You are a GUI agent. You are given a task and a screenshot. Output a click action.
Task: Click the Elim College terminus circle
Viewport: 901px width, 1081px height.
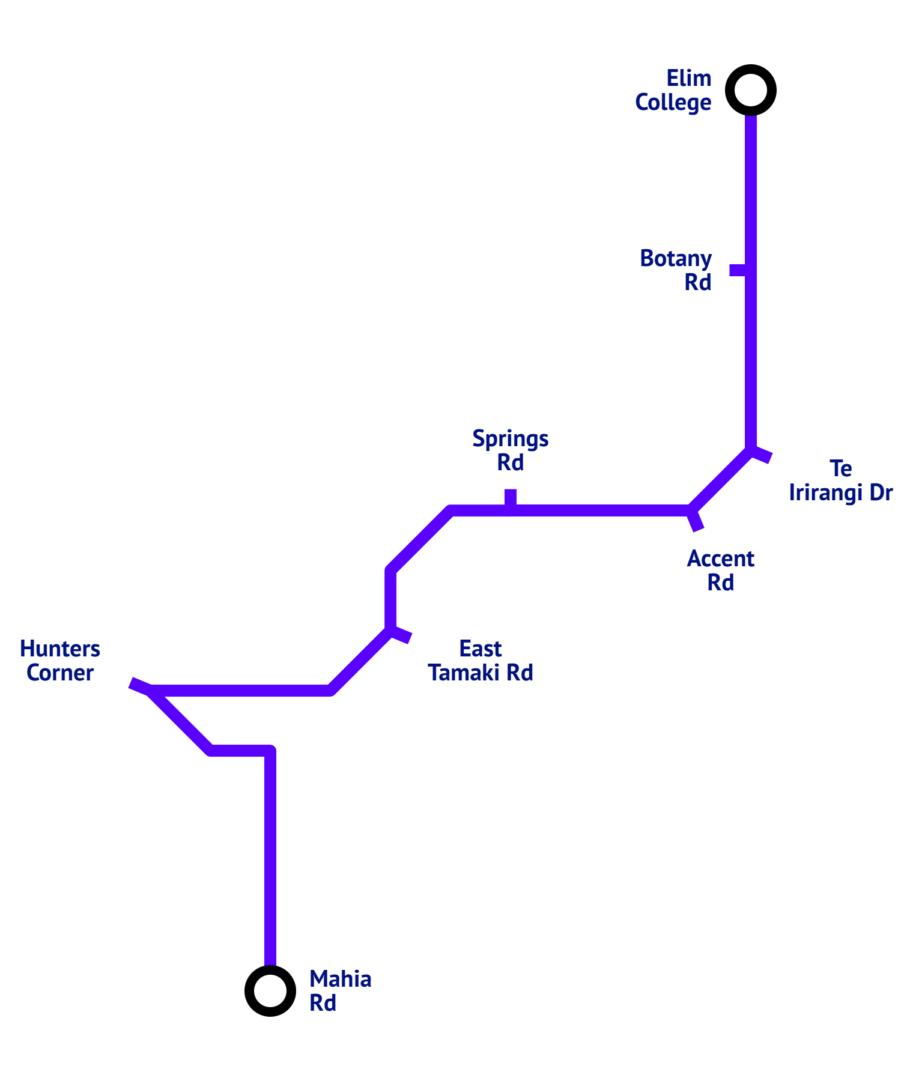(x=751, y=90)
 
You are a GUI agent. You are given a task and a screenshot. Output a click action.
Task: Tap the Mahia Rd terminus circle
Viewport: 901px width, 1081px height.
(x=270, y=991)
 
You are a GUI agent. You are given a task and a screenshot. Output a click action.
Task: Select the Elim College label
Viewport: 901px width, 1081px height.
(x=673, y=90)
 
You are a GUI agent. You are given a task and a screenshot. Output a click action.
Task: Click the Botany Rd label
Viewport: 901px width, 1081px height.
(x=676, y=270)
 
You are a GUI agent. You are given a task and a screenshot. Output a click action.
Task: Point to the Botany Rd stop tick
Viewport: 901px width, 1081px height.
(x=739, y=270)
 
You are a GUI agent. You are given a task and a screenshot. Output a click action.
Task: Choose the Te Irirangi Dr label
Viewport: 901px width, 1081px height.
(x=840, y=480)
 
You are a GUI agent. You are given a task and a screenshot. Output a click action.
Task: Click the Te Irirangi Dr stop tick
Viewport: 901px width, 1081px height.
(x=761, y=455)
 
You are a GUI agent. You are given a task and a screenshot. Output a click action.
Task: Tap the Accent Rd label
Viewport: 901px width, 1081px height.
(x=720, y=571)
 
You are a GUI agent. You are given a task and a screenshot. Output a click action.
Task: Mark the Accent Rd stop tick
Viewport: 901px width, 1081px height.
(x=696, y=521)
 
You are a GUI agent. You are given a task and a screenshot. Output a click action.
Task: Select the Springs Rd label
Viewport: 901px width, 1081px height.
(x=510, y=450)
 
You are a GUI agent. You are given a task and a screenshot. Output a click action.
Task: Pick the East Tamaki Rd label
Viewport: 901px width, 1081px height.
(x=481, y=661)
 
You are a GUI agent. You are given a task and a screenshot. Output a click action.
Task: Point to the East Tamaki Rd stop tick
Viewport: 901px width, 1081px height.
(x=401, y=635)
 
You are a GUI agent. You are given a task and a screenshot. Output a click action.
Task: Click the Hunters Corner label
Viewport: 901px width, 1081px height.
(x=60, y=661)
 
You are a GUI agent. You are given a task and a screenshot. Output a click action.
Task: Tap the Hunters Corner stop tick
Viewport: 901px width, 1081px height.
(x=140, y=686)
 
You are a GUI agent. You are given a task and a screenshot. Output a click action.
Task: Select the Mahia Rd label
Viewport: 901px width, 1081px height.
(x=340, y=991)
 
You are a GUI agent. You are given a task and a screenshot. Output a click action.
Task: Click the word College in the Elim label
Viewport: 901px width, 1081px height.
(x=673, y=103)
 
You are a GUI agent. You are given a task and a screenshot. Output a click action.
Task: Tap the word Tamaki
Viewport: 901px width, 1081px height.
(x=464, y=673)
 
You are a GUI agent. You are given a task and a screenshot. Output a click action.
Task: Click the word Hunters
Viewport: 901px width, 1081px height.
(x=60, y=649)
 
